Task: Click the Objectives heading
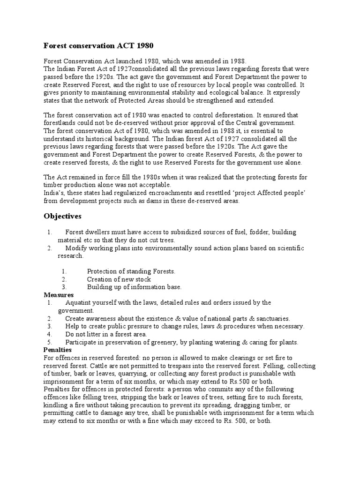[x=62, y=216]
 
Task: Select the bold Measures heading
[x=59, y=295]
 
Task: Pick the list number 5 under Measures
[x=49, y=342]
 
